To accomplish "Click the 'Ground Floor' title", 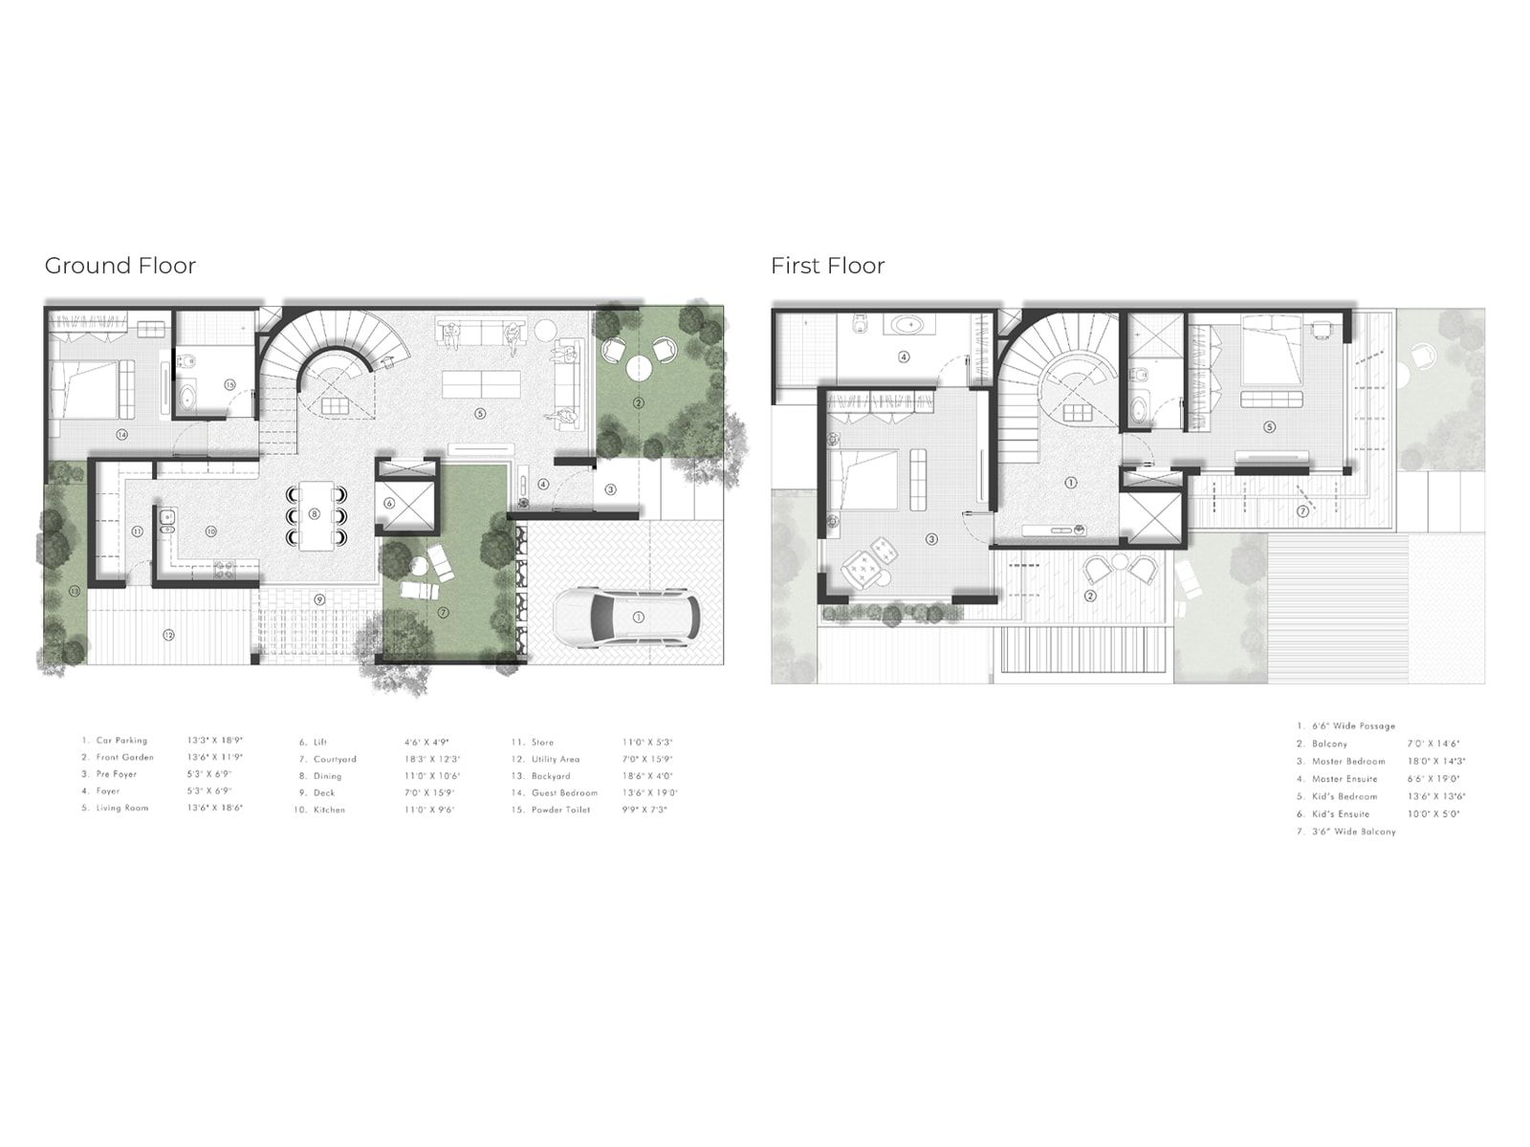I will pos(120,266).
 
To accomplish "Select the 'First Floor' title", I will pos(827,266).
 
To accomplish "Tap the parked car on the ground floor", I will pos(626,617).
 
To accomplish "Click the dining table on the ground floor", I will pos(315,515).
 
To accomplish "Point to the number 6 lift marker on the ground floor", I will pos(389,503).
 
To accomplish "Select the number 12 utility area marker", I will pos(168,635).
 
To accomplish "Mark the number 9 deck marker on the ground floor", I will pos(320,598).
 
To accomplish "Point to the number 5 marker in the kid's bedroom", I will pos(1269,427).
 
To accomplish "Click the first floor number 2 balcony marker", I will pos(1090,595).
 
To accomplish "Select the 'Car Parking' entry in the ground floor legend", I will pos(121,741).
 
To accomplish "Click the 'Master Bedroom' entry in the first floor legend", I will pos(1348,762).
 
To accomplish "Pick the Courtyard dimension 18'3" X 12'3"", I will pos(432,759).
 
